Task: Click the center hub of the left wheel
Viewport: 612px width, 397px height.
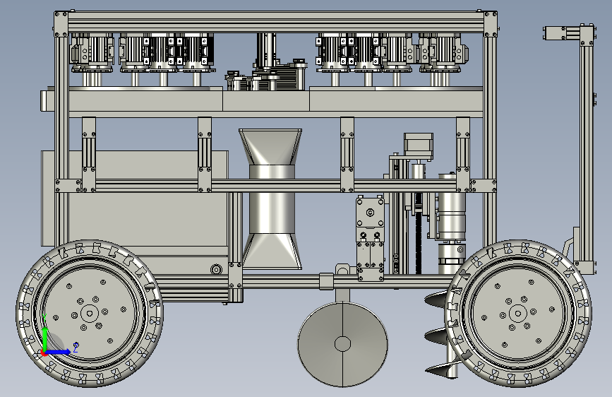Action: [x=90, y=313]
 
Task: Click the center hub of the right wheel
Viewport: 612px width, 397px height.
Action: [x=518, y=313]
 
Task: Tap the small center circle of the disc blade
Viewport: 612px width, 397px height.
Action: [x=342, y=344]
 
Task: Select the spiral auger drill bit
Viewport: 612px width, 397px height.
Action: [x=443, y=336]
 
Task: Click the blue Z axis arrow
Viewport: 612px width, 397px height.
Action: [x=59, y=352]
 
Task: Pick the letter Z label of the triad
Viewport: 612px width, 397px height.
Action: [x=76, y=347]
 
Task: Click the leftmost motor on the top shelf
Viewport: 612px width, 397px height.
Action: [x=92, y=53]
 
